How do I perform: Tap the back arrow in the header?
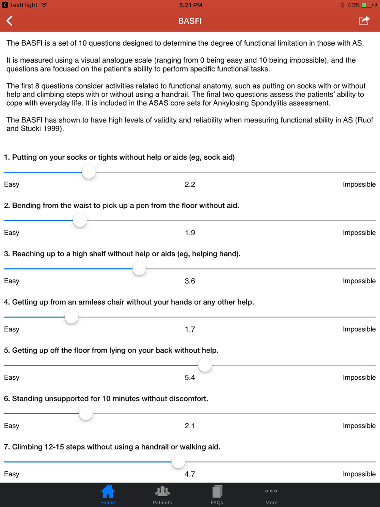[x=10, y=21]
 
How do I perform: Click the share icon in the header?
[x=364, y=21]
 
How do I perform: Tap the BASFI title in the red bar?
[x=190, y=21]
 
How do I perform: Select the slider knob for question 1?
[x=89, y=172]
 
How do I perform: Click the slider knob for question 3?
[x=139, y=269]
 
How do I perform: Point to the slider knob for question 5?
[x=205, y=365]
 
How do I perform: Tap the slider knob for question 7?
[x=178, y=462]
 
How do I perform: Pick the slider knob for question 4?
[x=71, y=317]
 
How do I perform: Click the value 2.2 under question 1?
[x=190, y=184]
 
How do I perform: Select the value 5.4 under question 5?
[x=190, y=377]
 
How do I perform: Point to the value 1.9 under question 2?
[x=190, y=233]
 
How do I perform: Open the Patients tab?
[x=162, y=494]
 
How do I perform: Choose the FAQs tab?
[x=217, y=494]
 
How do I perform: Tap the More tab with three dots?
[x=271, y=494]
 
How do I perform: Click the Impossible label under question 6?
[x=359, y=426]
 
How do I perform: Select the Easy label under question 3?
[x=12, y=281]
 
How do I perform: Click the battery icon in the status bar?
[x=367, y=5]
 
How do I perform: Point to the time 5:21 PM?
[x=191, y=5]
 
